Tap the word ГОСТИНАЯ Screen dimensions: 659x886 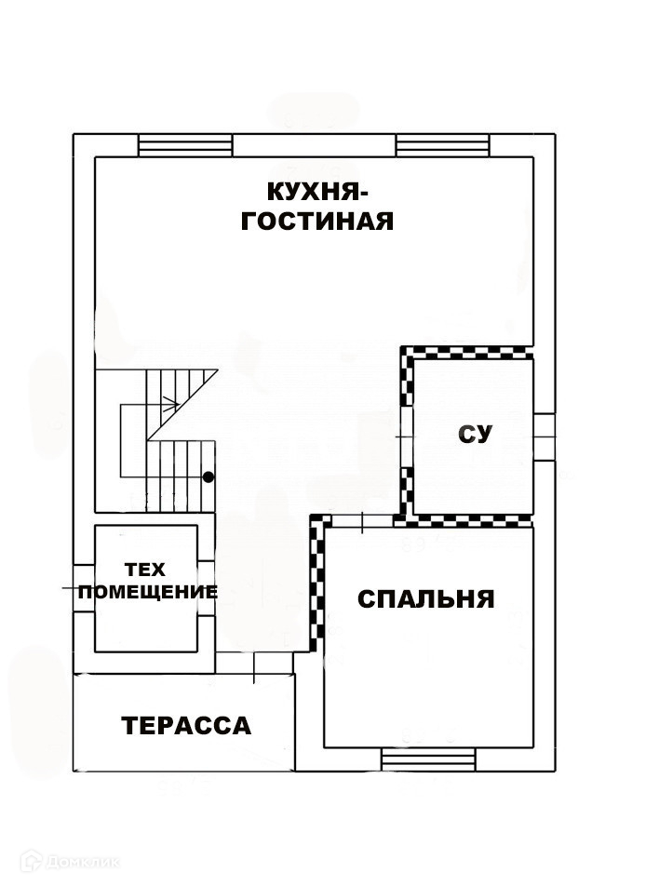pyautogui.click(x=317, y=221)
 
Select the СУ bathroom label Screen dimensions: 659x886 pyautogui.click(x=475, y=434)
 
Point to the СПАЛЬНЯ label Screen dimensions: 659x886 pyautogui.click(x=425, y=599)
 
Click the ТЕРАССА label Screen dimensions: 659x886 pyautogui.click(x=186, y=726)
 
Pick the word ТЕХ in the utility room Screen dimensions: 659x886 pyautogui.click(x=146, y=569)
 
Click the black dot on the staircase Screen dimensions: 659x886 pyautogui.click(x=208, y=477)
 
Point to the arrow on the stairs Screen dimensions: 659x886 pyautogui.click(x=168, y=404)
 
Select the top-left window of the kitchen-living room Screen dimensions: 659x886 pyautogui.click(x=184, y=145)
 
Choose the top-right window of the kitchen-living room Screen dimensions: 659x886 pyautogui.click(x=442, y=145)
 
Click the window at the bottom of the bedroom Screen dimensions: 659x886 pyautogui.click(x=427, y=759)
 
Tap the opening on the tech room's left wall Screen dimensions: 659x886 pyautogui.click(x=84, y=588)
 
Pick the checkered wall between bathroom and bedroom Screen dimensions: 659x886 pyautogui.click(x=465, y=520)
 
